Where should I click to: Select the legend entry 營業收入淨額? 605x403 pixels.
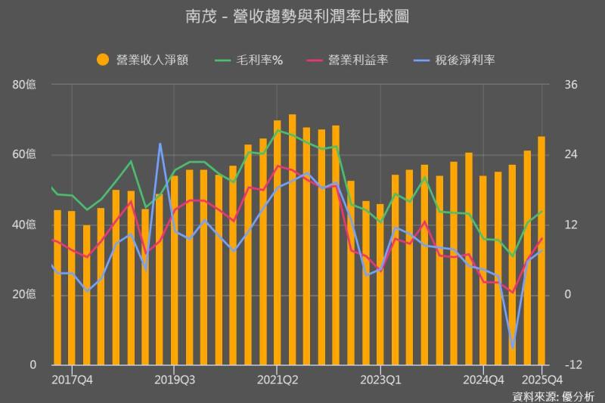tap(142, 60)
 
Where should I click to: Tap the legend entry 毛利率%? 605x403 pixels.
tap(250, 60)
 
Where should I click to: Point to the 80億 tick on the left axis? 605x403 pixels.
tap(25, 85)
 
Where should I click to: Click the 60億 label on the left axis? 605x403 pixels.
tap(25, 155)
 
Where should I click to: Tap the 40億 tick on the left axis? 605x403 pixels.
tap(25, 225)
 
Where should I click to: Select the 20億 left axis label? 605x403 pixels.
tap(25, 294)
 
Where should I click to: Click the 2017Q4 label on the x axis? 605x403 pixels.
tap(72, 379)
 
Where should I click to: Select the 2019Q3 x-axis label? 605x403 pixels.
tap(174, 379)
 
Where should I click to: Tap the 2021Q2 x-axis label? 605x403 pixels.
tap(278, 379)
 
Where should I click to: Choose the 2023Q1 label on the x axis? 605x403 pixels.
tap(380, 379)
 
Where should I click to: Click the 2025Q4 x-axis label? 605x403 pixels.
tap(542, 379)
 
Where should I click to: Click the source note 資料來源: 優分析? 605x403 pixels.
tap(553, 395)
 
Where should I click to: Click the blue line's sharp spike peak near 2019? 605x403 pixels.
tap(160, 144)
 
